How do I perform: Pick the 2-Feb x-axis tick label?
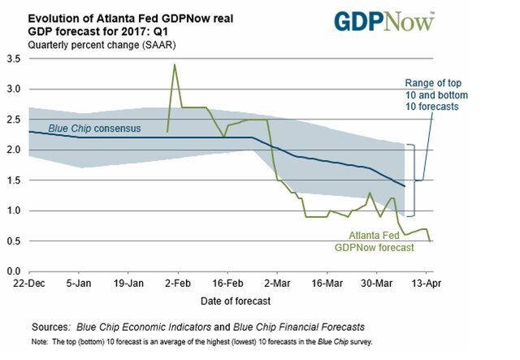tap(177, 285)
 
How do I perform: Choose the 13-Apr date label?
tap(427, 285)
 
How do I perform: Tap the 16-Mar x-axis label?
tap(327, 285)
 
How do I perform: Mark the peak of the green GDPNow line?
tap(175, 65)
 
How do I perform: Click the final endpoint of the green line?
tap(430, 241)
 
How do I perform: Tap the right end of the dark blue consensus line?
tap(404, 186)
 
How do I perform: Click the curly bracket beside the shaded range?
tap(411, 180)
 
